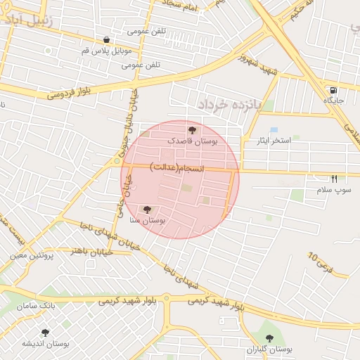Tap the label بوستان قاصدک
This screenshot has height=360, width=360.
coord(193,141)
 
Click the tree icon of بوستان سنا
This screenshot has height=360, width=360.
coord(147,210)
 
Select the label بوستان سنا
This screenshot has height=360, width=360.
coord(148,221)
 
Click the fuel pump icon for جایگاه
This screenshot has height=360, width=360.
coord(333,90)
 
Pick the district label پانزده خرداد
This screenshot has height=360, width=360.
coord(229,104)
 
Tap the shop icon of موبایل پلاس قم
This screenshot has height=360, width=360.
coord(105,40)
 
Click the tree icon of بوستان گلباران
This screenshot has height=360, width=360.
coord(270,338)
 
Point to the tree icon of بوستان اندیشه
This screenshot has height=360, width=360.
coord(46,333)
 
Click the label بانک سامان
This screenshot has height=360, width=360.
coord(37,307)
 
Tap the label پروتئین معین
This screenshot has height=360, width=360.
coord(32,255)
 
